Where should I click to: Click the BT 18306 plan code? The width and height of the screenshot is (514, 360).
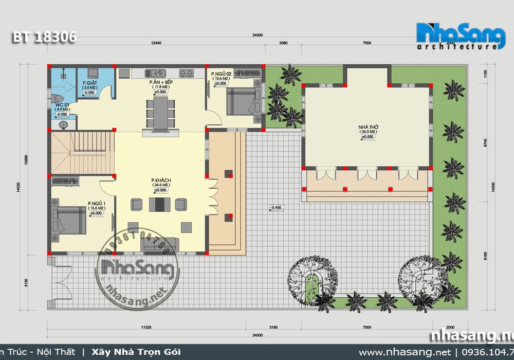click(45, 37)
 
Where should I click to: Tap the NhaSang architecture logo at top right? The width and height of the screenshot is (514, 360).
click(460, 36)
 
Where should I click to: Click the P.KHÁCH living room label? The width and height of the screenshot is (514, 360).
click(161, 180)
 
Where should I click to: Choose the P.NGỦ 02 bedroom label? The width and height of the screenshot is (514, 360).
click(222, 75)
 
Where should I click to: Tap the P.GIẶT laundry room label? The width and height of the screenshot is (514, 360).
click(90, 83)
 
